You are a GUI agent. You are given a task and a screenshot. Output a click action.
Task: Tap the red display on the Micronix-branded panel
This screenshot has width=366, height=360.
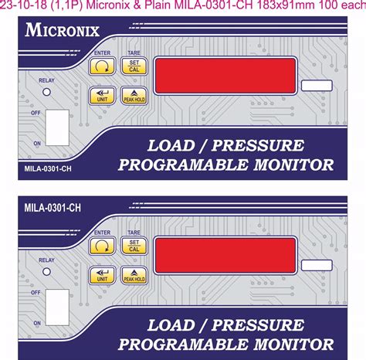[225, 75]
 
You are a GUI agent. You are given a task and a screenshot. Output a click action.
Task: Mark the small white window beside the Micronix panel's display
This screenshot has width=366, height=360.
[316, 86]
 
